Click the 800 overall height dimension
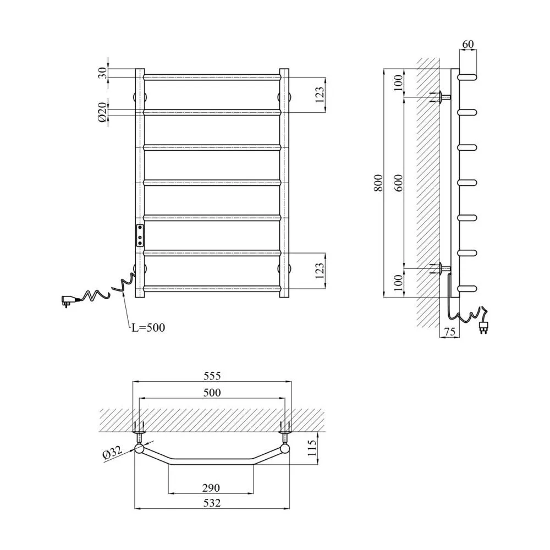click(378, 183)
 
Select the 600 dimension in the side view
click(398, 183)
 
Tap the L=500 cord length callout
click(148, 327)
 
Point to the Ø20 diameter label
click(102, 112)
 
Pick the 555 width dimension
click(212, 376)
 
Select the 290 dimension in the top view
click(211, 487)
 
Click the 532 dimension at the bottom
click(212, 503)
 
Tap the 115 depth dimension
click(312, 448)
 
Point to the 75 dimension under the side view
click(450, 331)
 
